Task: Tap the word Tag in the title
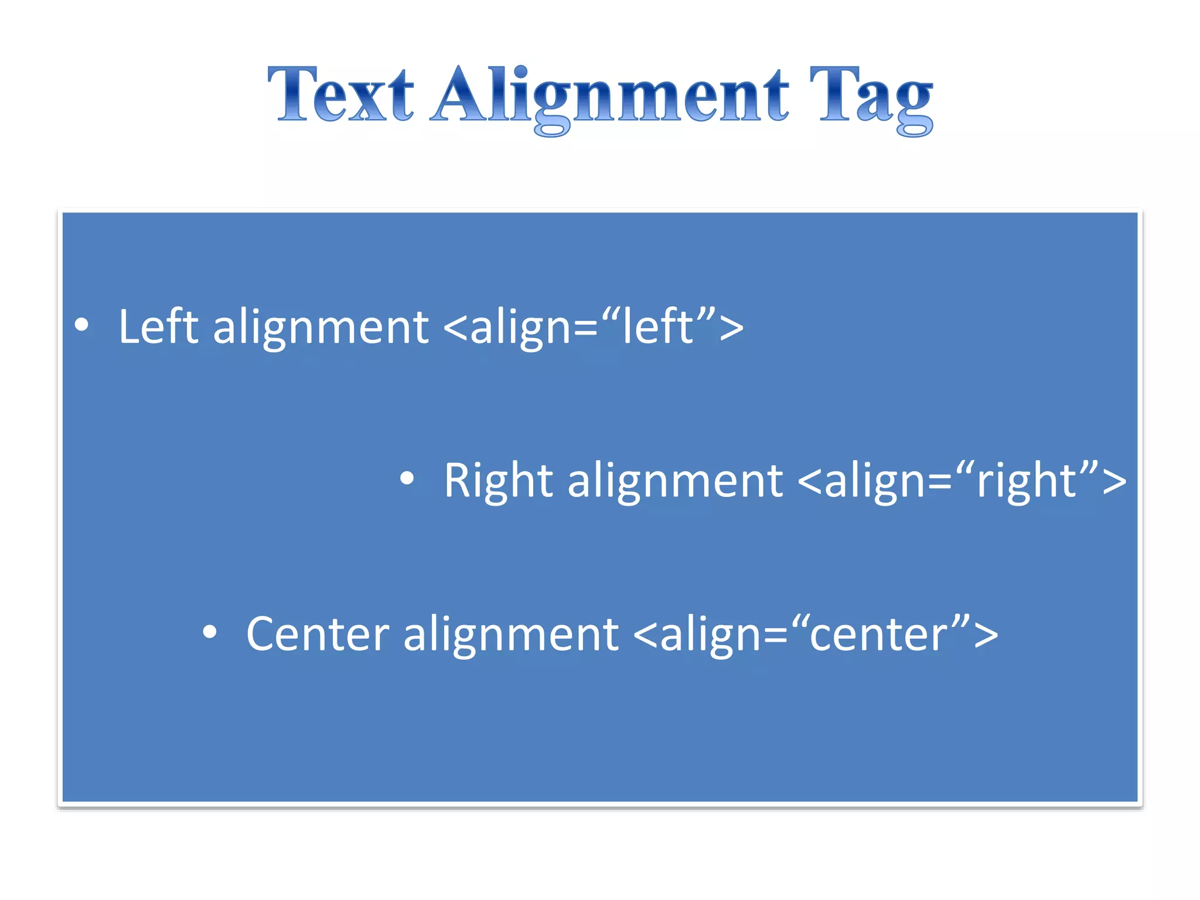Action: click(872, 97)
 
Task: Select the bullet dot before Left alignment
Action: click(82, 325)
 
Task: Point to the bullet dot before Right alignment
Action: click(407, 479)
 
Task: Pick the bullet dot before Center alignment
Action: click(210, 632)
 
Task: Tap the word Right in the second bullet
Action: click(498, 480)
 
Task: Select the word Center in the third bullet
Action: click(318, 634)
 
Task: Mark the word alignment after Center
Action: click(510, 635)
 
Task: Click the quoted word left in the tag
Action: click(658, 327)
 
